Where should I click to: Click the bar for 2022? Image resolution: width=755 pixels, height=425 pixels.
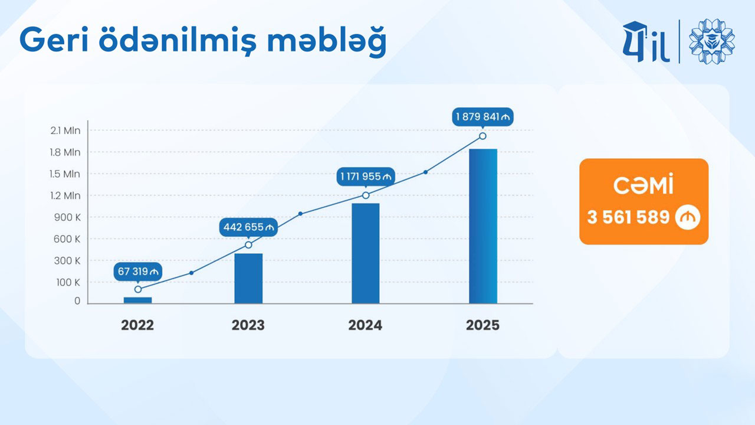tap(137, 300)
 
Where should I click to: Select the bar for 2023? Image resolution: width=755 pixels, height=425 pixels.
tap(248, 278)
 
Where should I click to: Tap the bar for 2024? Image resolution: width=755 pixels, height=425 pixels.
tap(366, 253)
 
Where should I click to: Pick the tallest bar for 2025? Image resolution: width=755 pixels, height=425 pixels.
tap(483, 226)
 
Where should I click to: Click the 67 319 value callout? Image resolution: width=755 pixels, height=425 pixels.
tap(138, 272)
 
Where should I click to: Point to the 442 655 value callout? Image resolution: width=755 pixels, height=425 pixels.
tap(248, 227)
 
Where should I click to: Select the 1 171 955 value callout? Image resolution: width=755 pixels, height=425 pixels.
tap(366, 176)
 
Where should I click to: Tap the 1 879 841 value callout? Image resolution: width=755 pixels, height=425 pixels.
tap(482, 117)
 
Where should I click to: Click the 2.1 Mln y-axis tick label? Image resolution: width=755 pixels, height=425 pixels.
tap(65, 130)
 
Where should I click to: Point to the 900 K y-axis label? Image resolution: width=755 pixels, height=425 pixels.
tap(67, 217)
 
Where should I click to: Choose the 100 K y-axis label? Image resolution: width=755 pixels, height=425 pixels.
tap(68, 282)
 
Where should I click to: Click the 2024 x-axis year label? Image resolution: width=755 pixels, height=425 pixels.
tap(365, 325)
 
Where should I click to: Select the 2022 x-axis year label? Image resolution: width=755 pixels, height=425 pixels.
tap(137, 325)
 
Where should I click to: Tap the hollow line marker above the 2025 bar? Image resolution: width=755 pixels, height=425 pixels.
tap(482, 136)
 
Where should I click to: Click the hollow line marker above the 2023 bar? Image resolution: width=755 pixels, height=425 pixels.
tap(248, 245)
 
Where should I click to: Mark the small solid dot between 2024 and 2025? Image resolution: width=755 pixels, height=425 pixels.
tap(426, 172)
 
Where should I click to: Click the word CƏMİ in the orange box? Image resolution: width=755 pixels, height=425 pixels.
tap(643, 184)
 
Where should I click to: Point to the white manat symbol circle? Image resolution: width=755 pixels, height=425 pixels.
tap(688, 217)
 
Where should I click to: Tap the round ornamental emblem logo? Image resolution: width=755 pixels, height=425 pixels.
tap(712, 41)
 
